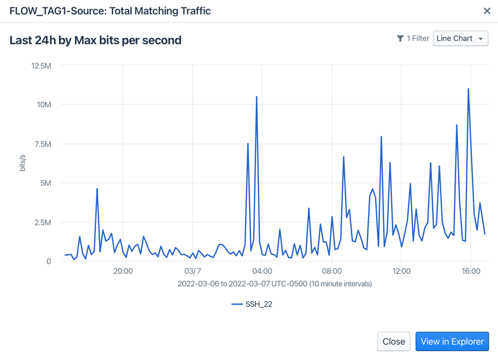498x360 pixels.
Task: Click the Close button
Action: pyautogui.click(x=394, y=342)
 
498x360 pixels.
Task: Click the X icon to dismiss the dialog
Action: pyautogui.click(x=487, y=11)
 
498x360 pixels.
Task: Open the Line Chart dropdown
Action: pyautogui.click(x=460, y=38)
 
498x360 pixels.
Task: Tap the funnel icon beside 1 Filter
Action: pyautogui.click(x=400, y=38)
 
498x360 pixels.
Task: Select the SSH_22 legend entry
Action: pyautogui.click(x=252, y=304)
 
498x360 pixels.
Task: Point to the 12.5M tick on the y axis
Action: pyautogui.click(x=41, y=66)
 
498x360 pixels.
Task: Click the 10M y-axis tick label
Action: pyautogui.click(x=43, y=105)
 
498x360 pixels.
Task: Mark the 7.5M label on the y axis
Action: pyautogui.click(x=42, y=144)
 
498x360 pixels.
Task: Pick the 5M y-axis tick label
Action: pyautogui.click(x=45, y=183)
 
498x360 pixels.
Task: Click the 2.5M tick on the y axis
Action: pyautogui.click(x=42, y=222)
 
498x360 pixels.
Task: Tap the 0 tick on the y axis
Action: pyautogui.click(x=49, y=261)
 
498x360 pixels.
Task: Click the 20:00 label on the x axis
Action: pyautogui.click(x=123, y=272)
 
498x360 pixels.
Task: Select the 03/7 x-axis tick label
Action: pyautogui.click(x=192, y=272)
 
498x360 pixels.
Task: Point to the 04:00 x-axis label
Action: pyautogui.click(x=262, y=272)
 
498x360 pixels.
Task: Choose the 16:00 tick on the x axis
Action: pyautogui.click(x=471, y=272)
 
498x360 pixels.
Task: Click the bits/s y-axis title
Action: pyautogui.click(x=23, y=163)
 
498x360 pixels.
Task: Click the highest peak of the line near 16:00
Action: pyautogui.click(x=469, y=89)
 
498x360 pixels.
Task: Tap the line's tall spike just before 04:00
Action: pyautogui.click(x=256, y=97)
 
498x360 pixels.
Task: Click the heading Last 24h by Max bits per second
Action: pyautogui.click(x=96, y=40)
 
